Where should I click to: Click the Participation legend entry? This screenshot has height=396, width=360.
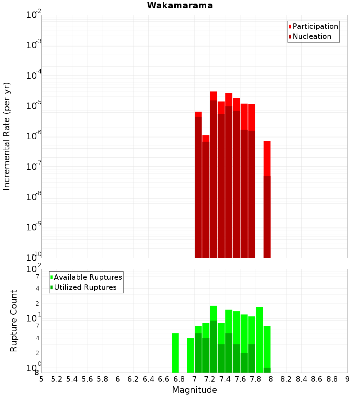(x=315, y=26)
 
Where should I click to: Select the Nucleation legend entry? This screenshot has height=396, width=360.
(x=311, y=36)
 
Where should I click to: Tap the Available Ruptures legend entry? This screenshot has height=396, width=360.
(x=87, y=277)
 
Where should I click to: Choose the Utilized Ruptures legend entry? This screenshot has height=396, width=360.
(x=85, y=287)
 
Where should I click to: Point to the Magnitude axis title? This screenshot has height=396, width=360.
(x=194, y=390)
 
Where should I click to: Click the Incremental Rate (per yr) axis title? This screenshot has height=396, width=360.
(x=7, y=136)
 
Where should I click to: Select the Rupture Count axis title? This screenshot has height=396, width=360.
(x=14, y=321)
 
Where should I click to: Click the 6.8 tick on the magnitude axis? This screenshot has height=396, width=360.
(x=179, y=379)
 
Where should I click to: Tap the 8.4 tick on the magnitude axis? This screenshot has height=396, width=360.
(x=302, y=379)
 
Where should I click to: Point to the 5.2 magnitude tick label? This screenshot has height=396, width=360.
(x=57, y=379)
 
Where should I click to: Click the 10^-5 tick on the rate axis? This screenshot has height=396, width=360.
(x=34, y=106)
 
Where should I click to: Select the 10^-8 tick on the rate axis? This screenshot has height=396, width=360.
(x=34, y=197)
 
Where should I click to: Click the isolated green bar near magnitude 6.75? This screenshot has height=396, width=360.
(x=175, y=353)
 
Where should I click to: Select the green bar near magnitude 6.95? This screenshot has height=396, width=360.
(x=190, y=355)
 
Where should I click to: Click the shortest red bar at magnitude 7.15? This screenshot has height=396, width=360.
(x=206, y=196)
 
